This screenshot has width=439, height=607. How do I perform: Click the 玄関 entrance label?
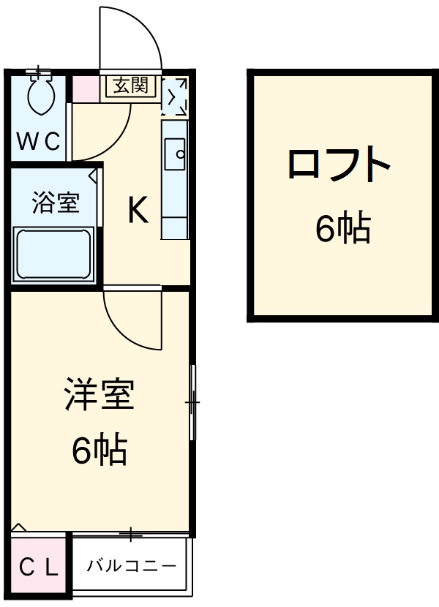coord(131,86)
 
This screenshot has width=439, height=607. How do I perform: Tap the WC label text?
coord(40,142)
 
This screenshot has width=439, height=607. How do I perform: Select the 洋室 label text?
coord(98,396)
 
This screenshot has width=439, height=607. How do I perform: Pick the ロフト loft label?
coord(338,165)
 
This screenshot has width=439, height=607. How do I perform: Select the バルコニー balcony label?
coord(131,566)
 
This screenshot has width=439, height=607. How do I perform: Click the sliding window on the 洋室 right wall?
coord(192,401)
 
